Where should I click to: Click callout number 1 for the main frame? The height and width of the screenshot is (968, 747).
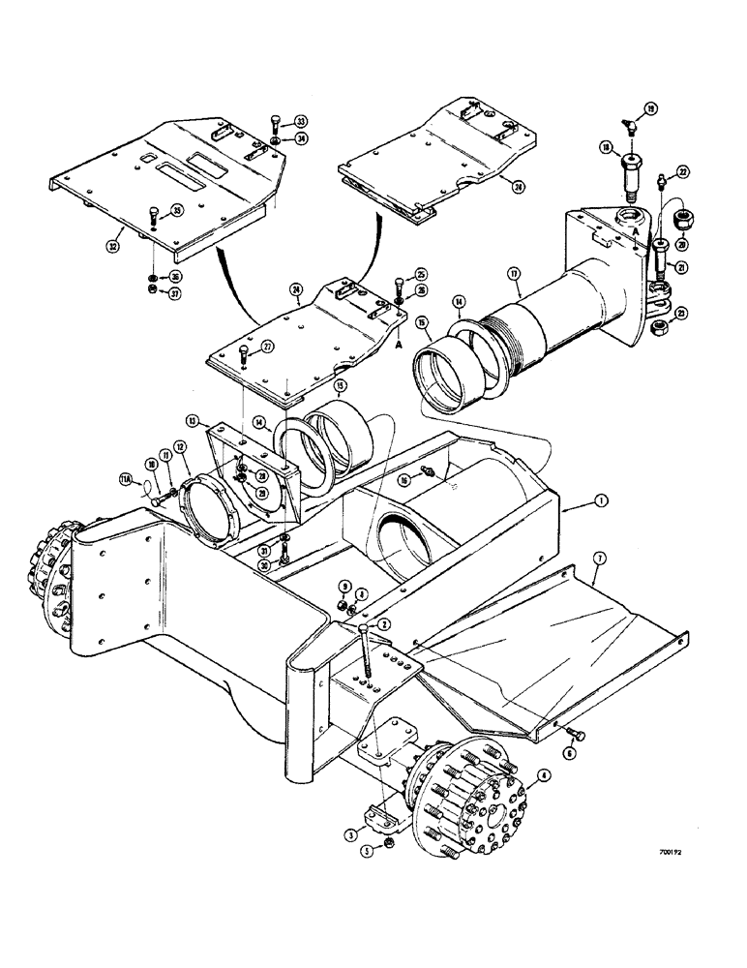point(601,500)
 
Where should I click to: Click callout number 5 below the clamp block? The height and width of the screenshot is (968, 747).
point(366,853)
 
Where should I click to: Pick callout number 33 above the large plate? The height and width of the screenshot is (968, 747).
point(274,121)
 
